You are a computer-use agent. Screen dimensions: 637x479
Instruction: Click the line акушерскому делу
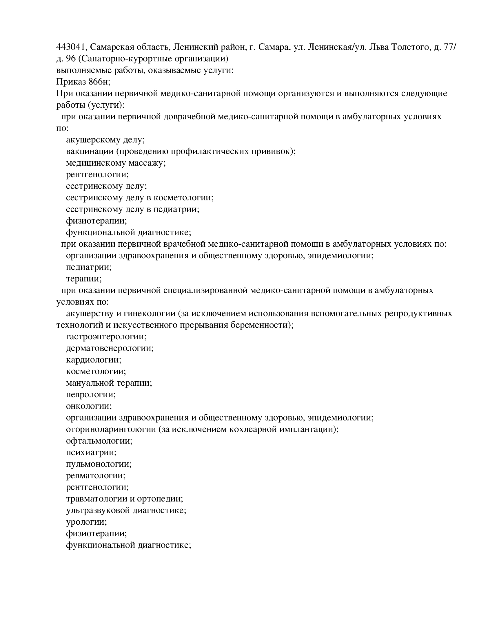pos(105,140)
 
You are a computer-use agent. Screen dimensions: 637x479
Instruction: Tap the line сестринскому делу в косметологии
pos(139,198)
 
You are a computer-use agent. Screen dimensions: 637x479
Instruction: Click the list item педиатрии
pos(89,267)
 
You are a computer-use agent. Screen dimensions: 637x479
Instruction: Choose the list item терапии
pos(83,279)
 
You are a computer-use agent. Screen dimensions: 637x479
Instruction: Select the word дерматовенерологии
pos(110,348)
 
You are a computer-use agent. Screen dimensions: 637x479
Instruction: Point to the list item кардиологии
pos(93,360)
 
